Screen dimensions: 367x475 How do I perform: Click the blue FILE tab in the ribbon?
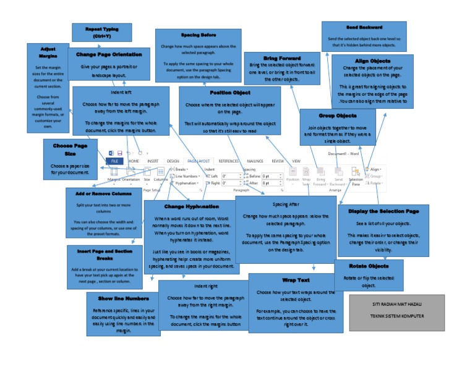click(x=114, y=161)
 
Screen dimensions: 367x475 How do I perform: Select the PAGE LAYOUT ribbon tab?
click(x=199, y=161)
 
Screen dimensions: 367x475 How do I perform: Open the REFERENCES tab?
click(x=228, y=161)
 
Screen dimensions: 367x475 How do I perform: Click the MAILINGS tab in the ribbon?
click(x=255, y=161)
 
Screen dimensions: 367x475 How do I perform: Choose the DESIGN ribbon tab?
click(x=173, y=161)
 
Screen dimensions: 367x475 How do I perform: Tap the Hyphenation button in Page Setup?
click(x=187, y=183)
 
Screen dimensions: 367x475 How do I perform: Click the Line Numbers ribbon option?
click(x=187, y=176)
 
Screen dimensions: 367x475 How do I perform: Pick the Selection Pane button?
click(x=356, y=176)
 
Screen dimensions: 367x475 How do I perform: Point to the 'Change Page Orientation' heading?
click(x=109, y=55)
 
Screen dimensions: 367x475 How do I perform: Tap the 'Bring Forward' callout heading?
click(x=273, y=58)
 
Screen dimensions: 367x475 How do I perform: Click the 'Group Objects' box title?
click(x=337, y=116)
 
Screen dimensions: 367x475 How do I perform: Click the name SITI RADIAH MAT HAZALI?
click(x=396, y=305)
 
